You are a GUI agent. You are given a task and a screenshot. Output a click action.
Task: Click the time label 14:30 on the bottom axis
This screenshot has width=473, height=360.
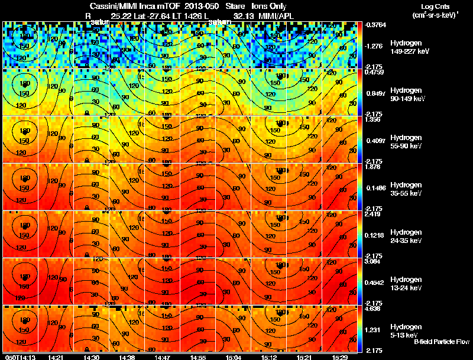(92, 357)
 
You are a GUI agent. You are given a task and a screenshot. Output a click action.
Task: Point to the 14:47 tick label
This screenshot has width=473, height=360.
(163, 357)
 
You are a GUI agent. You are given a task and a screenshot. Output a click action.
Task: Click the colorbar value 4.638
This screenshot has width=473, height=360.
(372, 309)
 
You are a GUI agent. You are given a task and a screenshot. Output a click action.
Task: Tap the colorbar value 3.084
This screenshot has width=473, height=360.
(372, 261)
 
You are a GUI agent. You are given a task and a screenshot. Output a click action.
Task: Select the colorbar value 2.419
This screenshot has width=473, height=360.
(372, 214)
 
